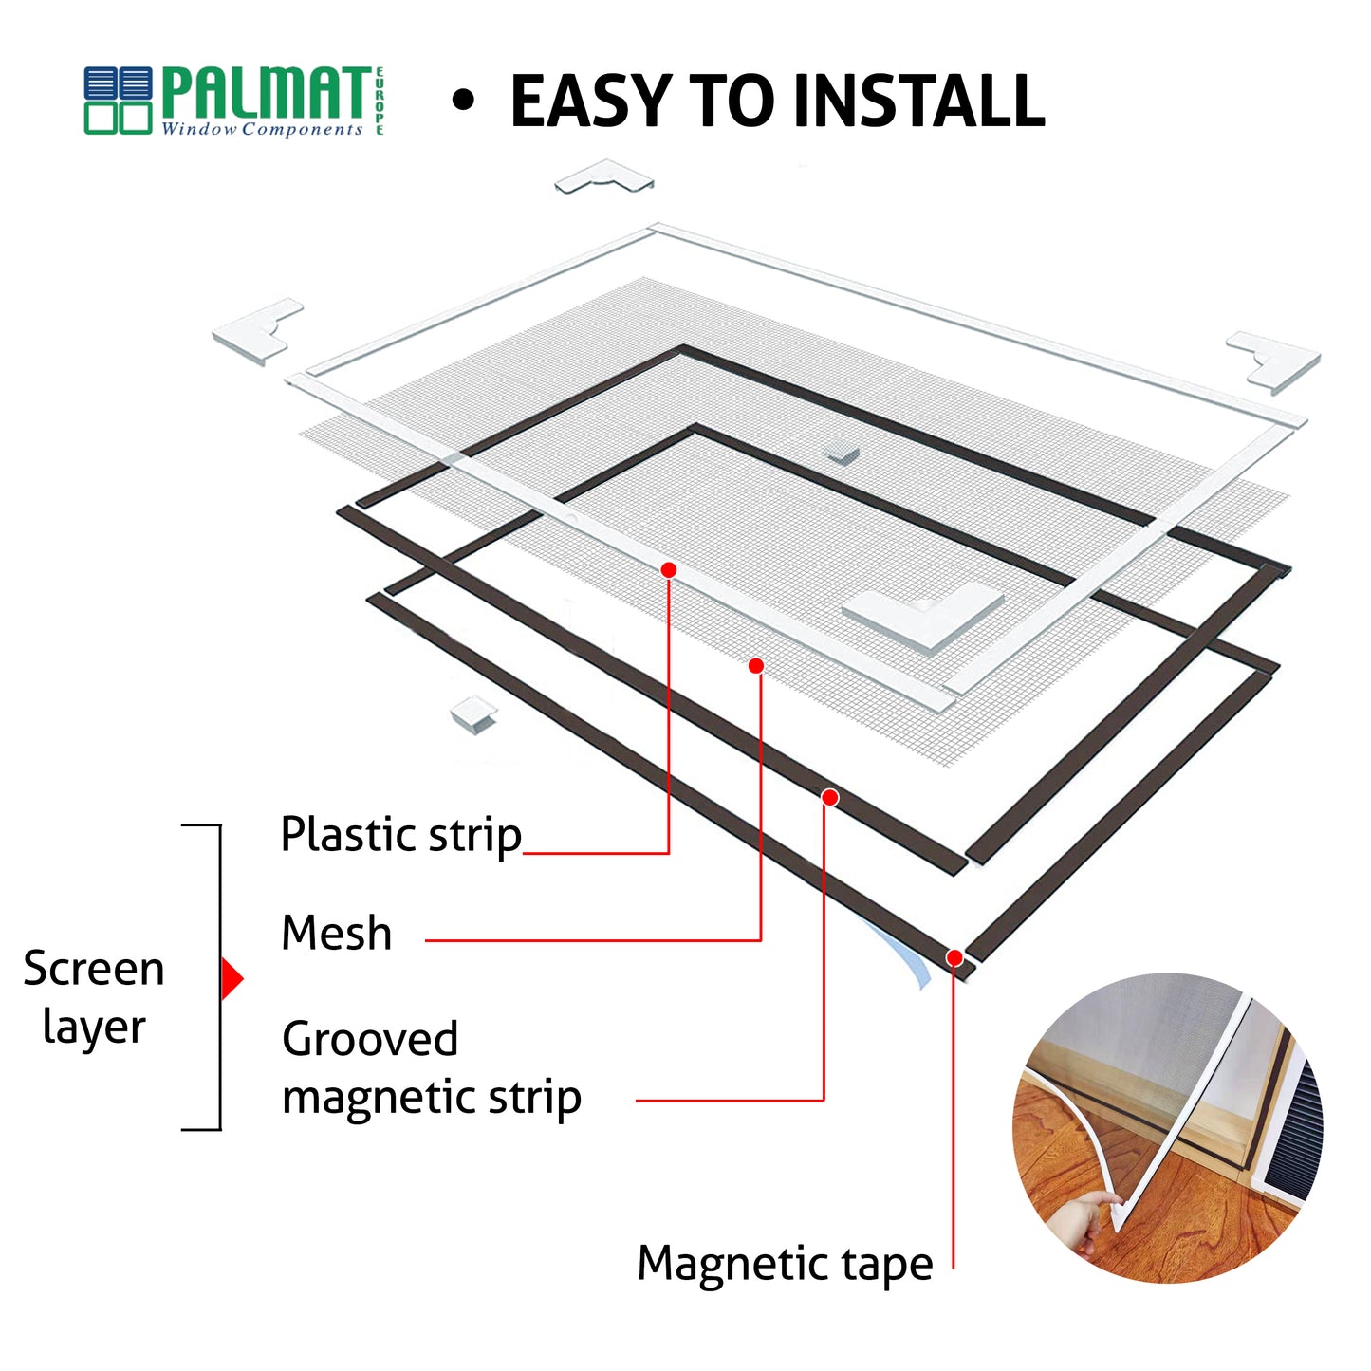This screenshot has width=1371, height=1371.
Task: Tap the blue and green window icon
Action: coord(118,101)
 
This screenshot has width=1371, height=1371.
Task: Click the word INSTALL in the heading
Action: coord(917,101)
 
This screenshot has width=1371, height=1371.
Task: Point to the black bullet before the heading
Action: coord(462,101)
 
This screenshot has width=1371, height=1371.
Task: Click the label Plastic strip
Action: coord(401,835)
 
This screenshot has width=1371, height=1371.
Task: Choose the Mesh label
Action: coord(337,933)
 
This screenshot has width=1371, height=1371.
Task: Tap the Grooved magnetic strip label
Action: coord(431,1068)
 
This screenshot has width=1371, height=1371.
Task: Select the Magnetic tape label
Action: coord(785,1265)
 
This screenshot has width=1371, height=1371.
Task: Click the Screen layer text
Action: coord(94,997)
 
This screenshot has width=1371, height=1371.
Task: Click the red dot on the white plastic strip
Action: coord(668,570)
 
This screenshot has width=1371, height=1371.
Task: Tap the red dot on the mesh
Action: coord(756,666)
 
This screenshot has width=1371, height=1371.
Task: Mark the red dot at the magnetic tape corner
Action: coord(954,957)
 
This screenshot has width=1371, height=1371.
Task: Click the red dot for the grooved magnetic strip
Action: coord(829,798)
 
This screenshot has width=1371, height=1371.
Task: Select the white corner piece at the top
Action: coord(604,176)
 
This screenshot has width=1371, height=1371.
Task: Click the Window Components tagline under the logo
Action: coord(262,129)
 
